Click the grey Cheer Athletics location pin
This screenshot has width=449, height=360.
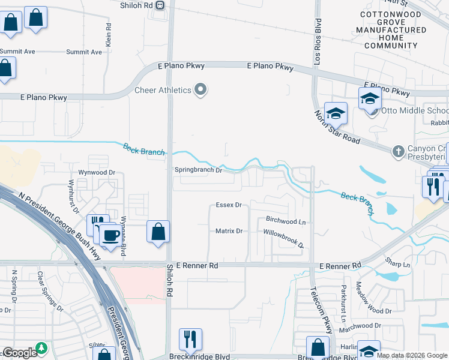click(x=201, y=91)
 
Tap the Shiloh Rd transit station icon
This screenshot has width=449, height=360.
click(x=160, y=5)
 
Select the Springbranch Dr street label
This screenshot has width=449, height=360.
click(x=198, y=170)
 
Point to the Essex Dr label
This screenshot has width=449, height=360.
click(x=228, y=205)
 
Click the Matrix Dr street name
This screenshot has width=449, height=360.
click(x=228, y=231)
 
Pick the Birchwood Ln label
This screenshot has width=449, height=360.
click(x=285, y=221)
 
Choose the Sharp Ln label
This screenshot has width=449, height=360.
click(x=398, y=263)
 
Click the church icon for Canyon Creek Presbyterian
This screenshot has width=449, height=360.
click(x=398, y=151)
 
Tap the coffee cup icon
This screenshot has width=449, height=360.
click(x=110, y=236)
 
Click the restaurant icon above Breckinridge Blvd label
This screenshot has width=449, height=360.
click(x=190, y=340)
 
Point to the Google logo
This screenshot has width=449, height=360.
click(x=19, y=353)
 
